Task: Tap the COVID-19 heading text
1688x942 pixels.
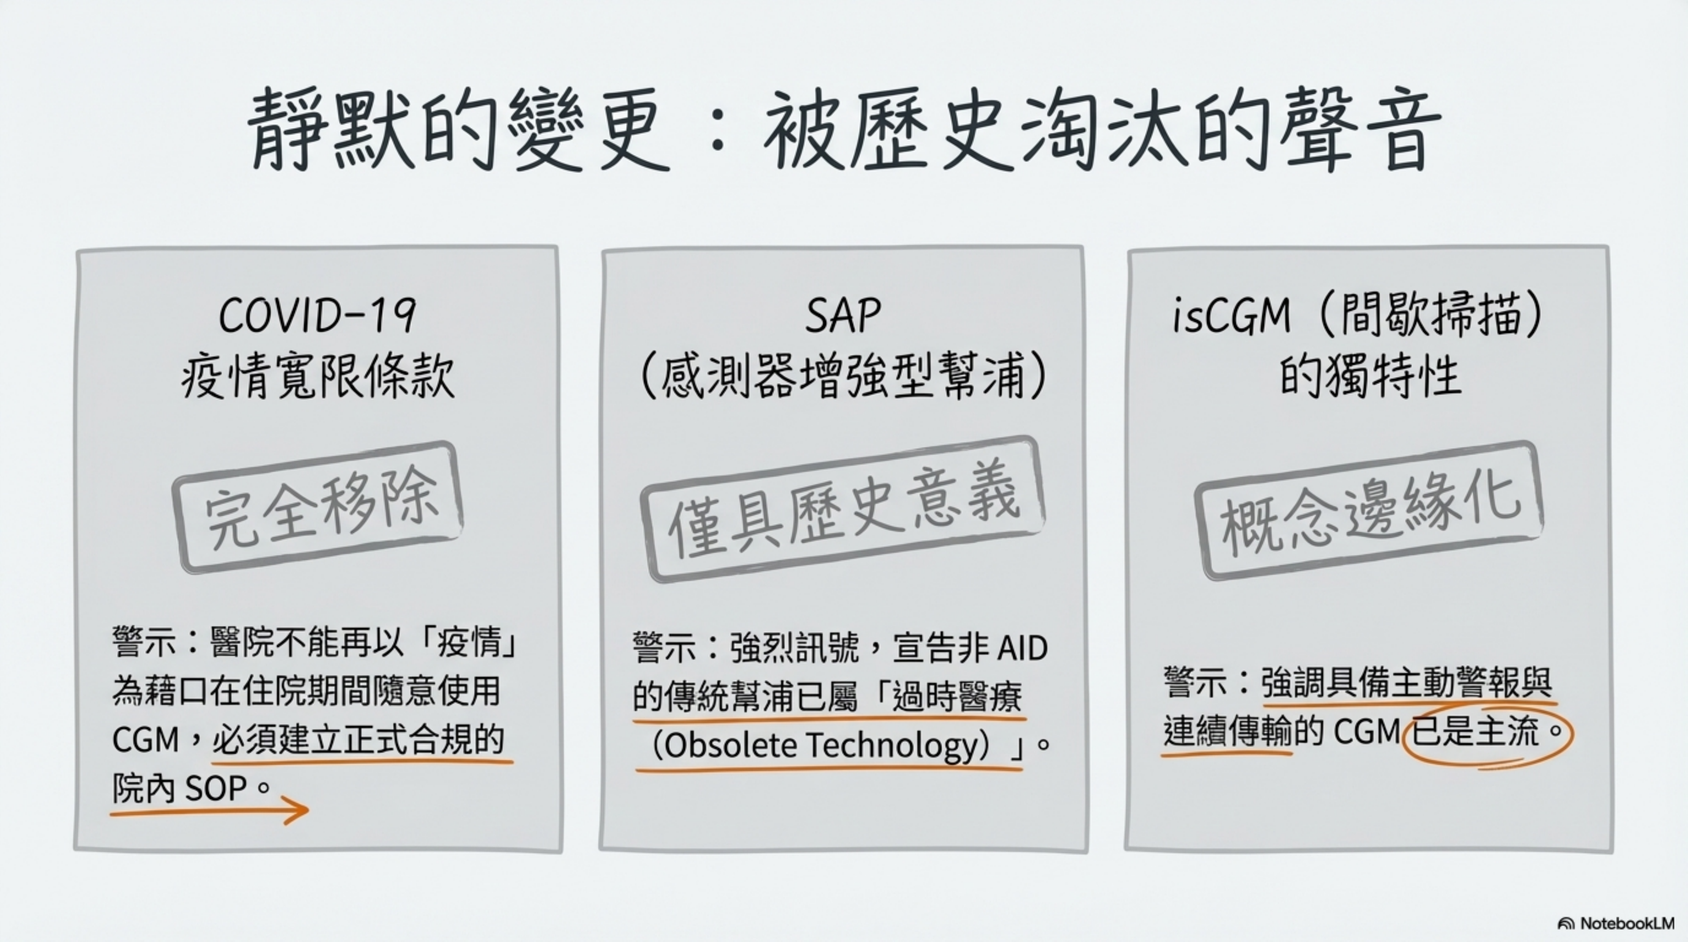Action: [x=317, y=315]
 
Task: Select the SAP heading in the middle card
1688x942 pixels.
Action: [x=843, y=315]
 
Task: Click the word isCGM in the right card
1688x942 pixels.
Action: [x=1231, y=315]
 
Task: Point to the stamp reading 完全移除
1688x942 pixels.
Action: [x=318, y=508]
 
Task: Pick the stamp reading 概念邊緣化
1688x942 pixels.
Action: [x=1368, y=510]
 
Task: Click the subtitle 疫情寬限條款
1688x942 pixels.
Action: [x=317, y=378]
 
